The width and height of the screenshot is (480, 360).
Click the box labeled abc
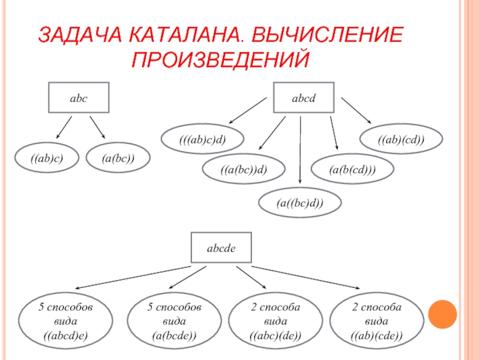[78, 98]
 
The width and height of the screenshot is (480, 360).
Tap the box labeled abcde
[221, 247]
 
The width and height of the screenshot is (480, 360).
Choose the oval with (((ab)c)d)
[202, 140]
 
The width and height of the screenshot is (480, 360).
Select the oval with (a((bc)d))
[300, 203]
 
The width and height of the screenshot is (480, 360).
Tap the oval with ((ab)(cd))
[401, 140]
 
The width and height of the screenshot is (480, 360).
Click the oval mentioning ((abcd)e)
[66, 322]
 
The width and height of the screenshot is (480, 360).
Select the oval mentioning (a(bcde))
[175, 322]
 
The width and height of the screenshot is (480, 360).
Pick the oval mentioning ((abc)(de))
[275, 322]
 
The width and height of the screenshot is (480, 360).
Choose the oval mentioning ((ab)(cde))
[377, 322]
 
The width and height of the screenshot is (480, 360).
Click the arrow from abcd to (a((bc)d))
[300, 151]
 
